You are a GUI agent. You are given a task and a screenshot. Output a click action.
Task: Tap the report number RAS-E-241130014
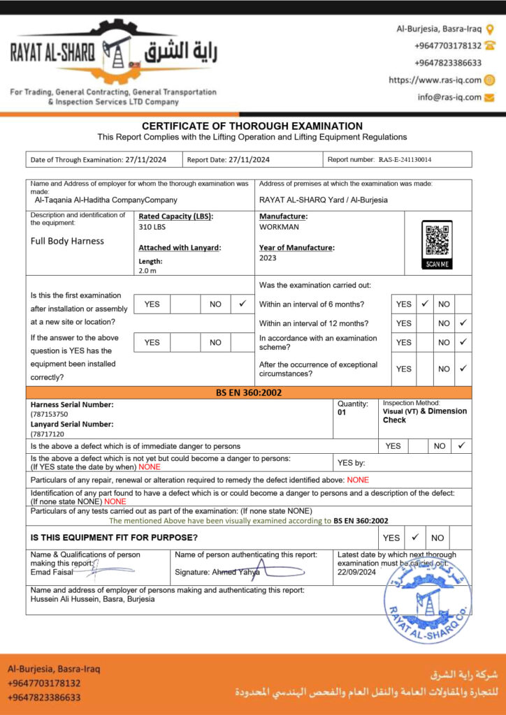(405, 160)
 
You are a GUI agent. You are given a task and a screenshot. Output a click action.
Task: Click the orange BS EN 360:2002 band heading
(249, 393)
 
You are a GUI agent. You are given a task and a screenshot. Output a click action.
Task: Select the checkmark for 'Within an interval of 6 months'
(424, 304)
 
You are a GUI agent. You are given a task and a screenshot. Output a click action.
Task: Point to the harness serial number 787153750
(50, 414)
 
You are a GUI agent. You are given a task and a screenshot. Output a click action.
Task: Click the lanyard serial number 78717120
(49, 434)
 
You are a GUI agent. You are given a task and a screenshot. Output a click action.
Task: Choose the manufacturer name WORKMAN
(279, 228)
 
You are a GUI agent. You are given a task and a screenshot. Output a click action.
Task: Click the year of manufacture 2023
(268, 258)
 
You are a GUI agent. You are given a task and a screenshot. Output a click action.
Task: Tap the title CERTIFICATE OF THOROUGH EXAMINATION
(252, 126)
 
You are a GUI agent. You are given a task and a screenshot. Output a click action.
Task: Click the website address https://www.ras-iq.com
(435, 80)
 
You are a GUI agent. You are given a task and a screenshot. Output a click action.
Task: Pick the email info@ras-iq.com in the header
(449, 98)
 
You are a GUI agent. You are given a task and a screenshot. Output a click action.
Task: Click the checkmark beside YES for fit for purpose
(414, 538)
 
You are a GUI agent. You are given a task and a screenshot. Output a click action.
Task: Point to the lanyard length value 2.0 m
(147, 270)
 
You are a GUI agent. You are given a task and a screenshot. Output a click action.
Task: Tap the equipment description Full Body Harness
(67, 242)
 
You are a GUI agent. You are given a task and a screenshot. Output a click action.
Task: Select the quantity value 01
(342, 413)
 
